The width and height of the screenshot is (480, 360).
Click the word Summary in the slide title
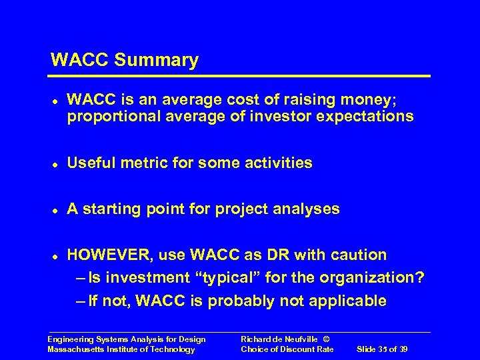(x=157, y=61)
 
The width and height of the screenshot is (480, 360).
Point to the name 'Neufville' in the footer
(x=303, y=340)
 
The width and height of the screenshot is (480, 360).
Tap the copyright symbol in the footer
(x=326, y=340)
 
